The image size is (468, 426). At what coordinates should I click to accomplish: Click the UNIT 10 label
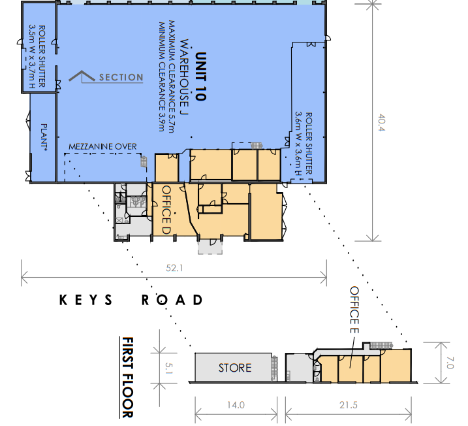200,76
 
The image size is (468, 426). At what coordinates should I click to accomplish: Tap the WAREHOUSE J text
185,77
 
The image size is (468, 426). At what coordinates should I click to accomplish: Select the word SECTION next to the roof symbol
121,77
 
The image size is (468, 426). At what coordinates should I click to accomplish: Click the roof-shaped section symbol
82,76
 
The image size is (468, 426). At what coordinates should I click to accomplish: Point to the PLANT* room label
44,137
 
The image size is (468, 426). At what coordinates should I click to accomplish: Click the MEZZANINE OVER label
102,146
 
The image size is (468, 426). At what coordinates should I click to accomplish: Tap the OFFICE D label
166,210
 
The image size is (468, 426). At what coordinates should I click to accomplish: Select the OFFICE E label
354,310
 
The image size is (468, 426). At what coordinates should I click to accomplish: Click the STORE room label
235,368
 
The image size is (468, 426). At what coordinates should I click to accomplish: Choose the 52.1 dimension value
174,268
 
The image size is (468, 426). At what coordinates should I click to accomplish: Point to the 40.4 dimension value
382,122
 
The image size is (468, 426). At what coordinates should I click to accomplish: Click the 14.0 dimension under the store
236,405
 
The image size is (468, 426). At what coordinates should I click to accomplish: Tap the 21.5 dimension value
349,405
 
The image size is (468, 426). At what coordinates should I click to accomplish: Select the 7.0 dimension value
450,363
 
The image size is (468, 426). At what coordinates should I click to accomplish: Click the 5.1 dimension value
169,368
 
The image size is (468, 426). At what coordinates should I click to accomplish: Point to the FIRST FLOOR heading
127,377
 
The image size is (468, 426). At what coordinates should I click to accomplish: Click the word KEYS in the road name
86,300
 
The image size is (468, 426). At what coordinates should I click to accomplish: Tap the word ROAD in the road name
172,300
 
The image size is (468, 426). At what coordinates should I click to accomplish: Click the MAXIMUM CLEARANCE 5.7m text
171,76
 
